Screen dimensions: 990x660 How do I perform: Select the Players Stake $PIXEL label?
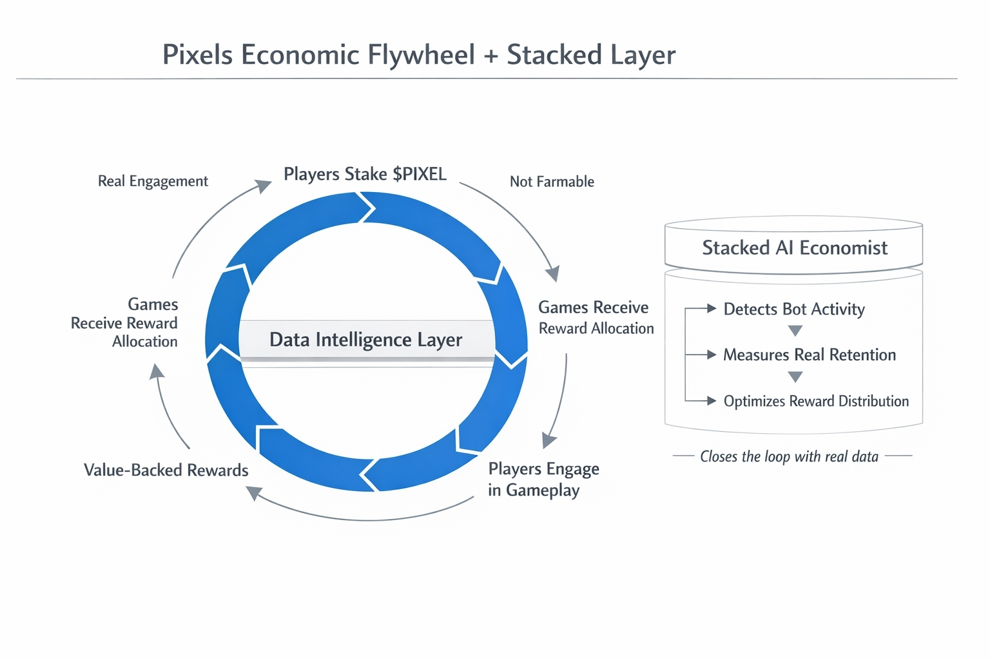coord(365,174)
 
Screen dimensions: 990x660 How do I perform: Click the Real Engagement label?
coord(153,181)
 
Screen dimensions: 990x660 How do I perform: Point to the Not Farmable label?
coord(552,182)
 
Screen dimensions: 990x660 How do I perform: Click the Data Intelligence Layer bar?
coord(366,340)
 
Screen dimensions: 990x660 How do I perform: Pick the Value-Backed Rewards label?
coord(166,470)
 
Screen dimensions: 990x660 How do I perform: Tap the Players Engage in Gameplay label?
coord(543,480)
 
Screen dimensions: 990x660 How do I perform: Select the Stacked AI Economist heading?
coord(795,247)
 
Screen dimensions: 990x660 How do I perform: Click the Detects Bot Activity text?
coord(794,309)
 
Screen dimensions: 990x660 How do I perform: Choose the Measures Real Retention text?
coord(810,354)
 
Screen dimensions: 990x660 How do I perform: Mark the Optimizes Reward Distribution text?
coord(816,401)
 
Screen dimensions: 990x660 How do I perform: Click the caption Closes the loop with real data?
coord(790,456)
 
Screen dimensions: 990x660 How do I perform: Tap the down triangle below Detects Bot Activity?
coord(795,331)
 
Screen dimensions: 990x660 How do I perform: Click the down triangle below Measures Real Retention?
coord(795,376)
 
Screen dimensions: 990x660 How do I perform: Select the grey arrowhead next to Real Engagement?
coord(264,186)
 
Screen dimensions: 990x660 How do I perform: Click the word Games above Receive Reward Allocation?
coord(153,304)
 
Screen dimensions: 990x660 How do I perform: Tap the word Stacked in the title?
coord(554,55)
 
